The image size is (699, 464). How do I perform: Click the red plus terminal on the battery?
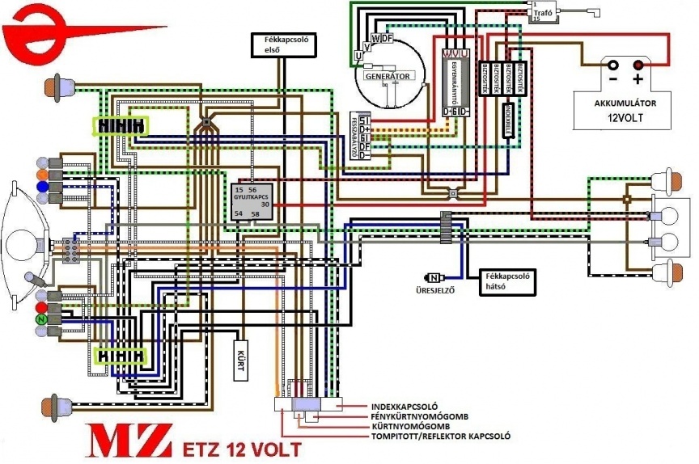[639, 65]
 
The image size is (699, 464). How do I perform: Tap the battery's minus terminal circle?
[613, 65]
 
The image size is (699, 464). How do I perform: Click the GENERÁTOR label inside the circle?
[387, 76]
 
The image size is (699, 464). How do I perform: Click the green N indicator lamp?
[40, 321]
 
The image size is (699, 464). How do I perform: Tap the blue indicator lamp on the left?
[41, 187]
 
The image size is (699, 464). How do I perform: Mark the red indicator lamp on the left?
[41, 308]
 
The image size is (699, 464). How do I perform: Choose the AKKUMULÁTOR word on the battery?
[624, 103]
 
